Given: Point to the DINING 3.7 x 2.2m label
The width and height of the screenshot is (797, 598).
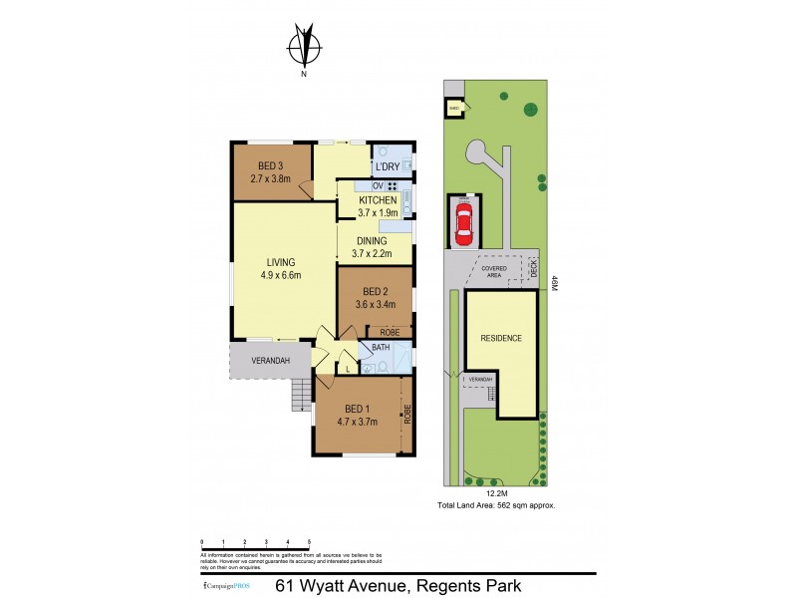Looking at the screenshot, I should [371, 246].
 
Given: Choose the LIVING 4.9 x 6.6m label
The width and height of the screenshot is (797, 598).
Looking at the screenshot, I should [282, 269].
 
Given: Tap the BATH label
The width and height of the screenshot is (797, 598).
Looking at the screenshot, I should [381, 348].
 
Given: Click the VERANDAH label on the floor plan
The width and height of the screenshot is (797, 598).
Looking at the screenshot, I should [270, 360].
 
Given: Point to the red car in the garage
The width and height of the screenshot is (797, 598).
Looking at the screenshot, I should [463, 220].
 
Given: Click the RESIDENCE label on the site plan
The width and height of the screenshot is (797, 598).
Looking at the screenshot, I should [501, 338].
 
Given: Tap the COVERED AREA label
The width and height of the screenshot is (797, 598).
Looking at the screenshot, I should [495, 271].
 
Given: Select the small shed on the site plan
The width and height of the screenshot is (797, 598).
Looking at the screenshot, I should [453, 109].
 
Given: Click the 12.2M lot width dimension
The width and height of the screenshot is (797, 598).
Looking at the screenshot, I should [495, 492].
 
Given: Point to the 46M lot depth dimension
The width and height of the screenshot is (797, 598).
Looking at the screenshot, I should [554, 283].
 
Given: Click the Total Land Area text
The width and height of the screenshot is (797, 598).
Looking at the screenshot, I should [496, 506].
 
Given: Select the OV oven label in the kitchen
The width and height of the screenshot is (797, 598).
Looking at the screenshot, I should [378, 186].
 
